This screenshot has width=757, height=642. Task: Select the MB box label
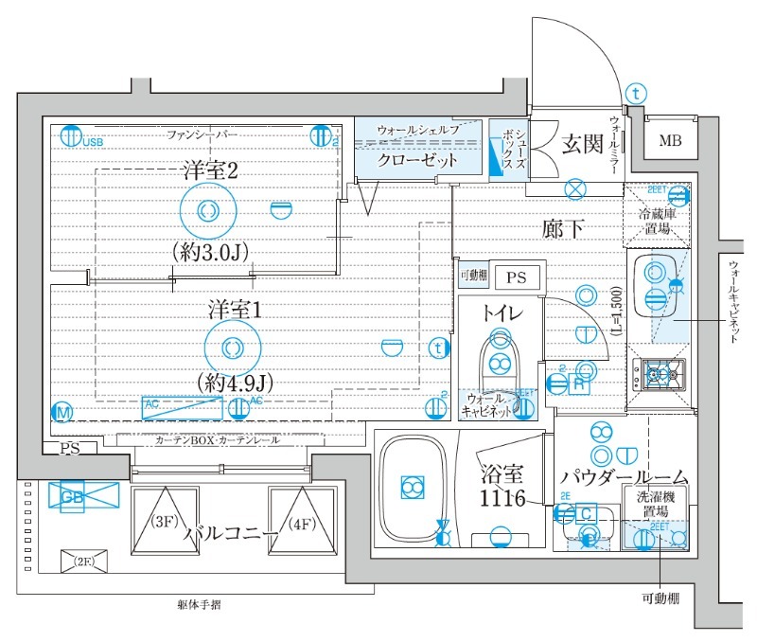tap(670, 142)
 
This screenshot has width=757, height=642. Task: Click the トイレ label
tap(498, 312)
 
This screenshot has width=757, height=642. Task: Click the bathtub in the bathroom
tap(412, 487)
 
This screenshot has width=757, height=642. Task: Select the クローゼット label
tap(417, 160)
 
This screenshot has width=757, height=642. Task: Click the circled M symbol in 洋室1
tap(62, 412)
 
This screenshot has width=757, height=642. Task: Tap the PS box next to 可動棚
tap(516, 277)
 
